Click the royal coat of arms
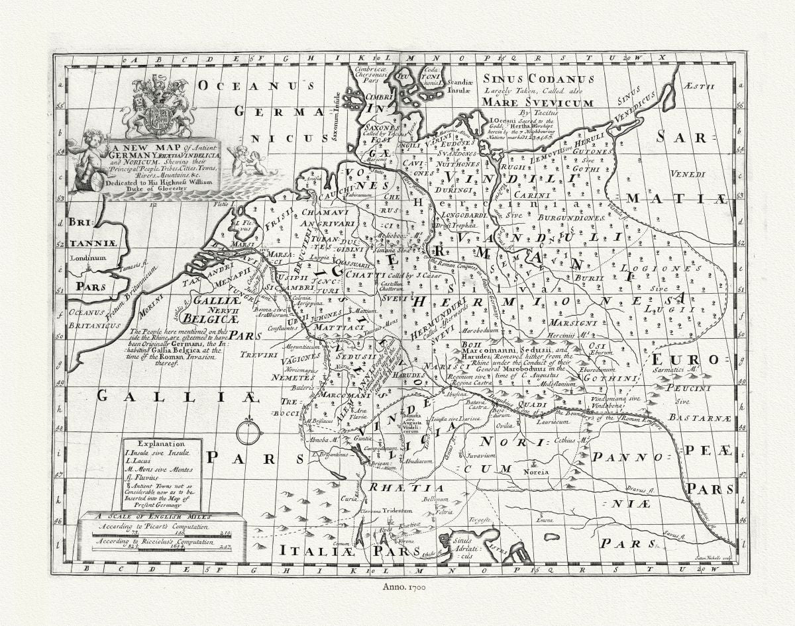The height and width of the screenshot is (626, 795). click(158, 106)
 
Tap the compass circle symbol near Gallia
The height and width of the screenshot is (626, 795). click(249, 432)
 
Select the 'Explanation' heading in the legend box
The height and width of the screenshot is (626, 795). click(162, 443)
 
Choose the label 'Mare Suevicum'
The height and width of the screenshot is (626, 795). click(537, 103)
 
